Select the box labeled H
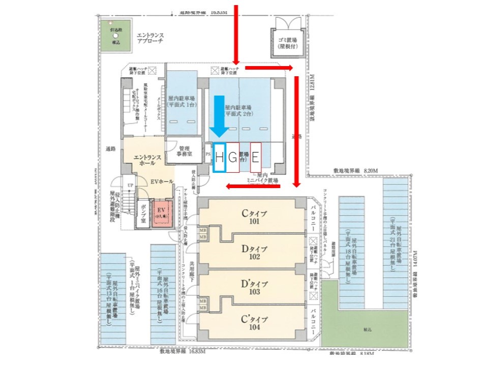(x=220, y=158)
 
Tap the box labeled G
(x=233, y=158)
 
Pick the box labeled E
(x=255, y=158)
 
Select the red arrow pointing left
(x=253, y=186)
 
